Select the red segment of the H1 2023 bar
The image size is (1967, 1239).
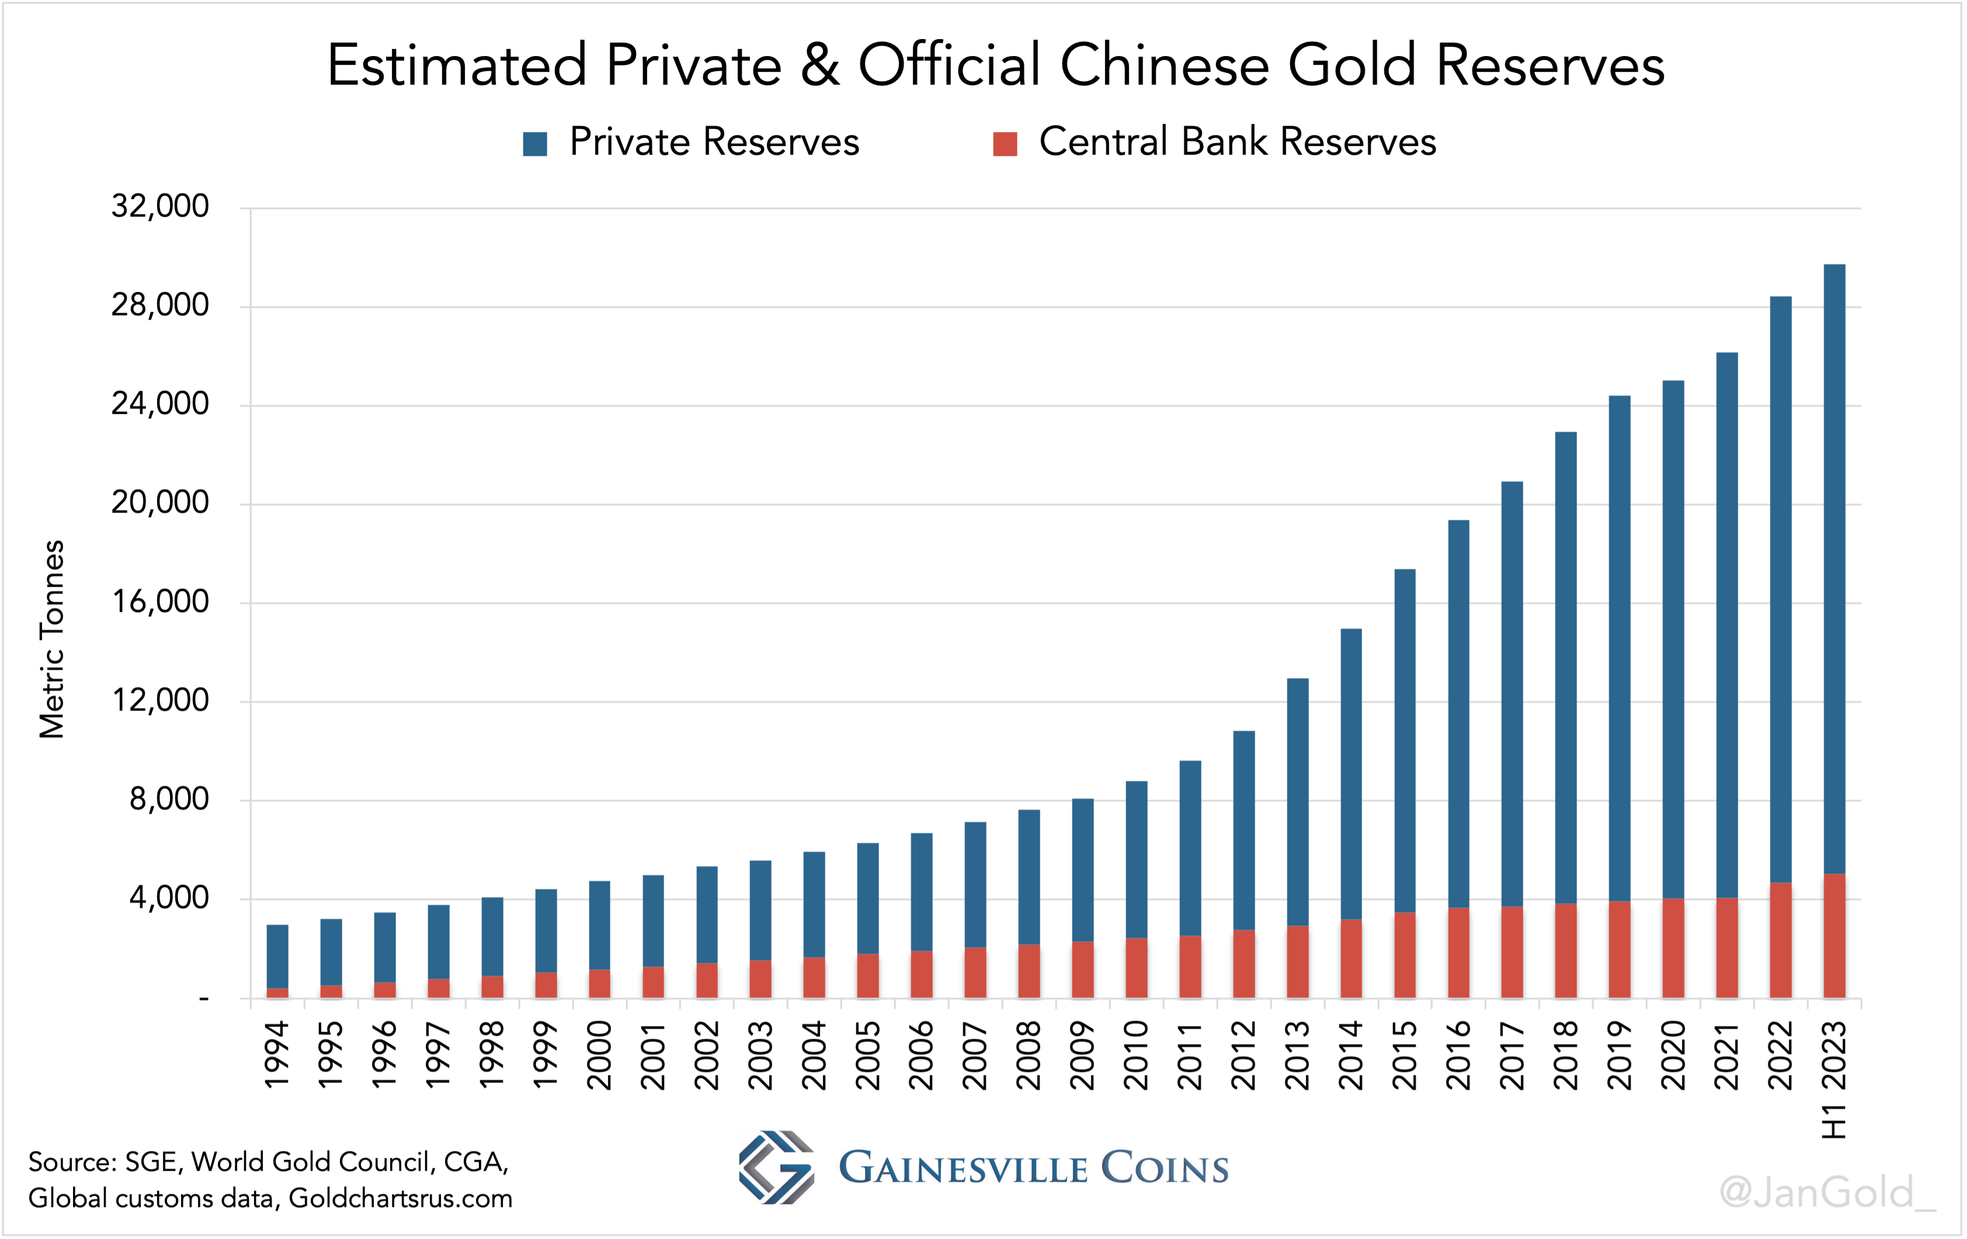pyautogui.click(x=1834, y=936)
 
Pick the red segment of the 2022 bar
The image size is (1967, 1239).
pyautogui.click(x=1781, y=940)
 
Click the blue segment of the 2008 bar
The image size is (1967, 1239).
pyautogui.click(x=1029, y=876)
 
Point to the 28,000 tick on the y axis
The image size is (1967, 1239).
pyautogui.click(x=160, y=305)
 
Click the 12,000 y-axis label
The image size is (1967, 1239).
pyautogui.click(x=160, y=701)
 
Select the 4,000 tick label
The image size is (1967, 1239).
pyautogui.click(x=169, y=899)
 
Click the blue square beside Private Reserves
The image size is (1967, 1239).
pyautogui.click(x=535, y=144)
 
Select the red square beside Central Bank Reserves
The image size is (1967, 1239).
pyautogui.click(x=1005, y=144)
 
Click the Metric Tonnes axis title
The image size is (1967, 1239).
pyautogui.click(x=51, y=639)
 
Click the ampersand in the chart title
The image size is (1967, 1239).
pyautogui.click(x=819, y=65)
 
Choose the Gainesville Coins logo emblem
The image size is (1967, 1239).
pyautogui.click(x=776, y=1167)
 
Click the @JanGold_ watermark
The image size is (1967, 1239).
pyautogui.click(x=1826, y=1192)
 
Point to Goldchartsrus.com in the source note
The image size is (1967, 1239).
pyautogui.click(x=400, y=1198)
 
